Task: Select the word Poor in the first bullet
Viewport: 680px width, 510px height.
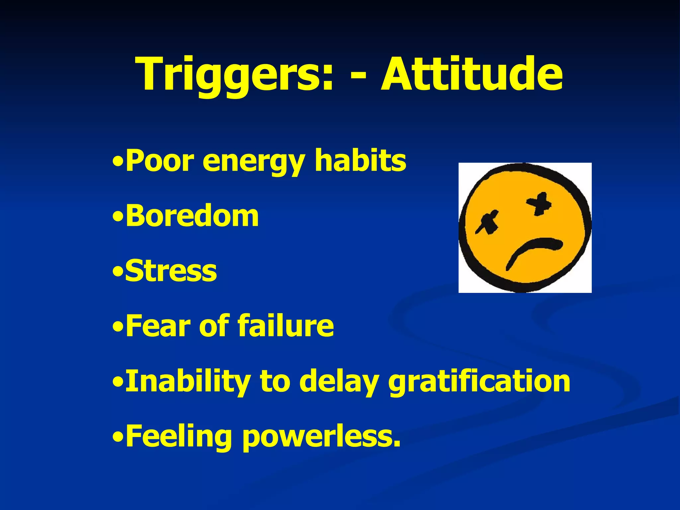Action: pos(159,161)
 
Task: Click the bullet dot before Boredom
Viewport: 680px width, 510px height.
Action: pos(118,217)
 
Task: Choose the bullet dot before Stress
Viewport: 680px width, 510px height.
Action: pos(118,272)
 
